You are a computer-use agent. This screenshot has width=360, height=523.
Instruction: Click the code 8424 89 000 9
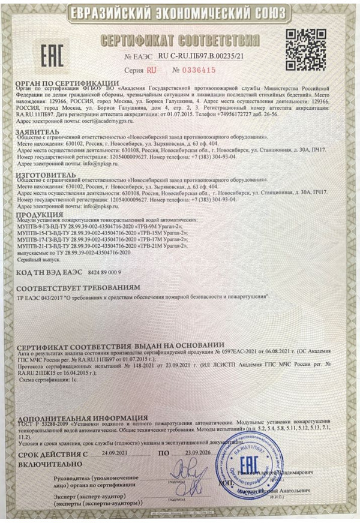tap(104, 272)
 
